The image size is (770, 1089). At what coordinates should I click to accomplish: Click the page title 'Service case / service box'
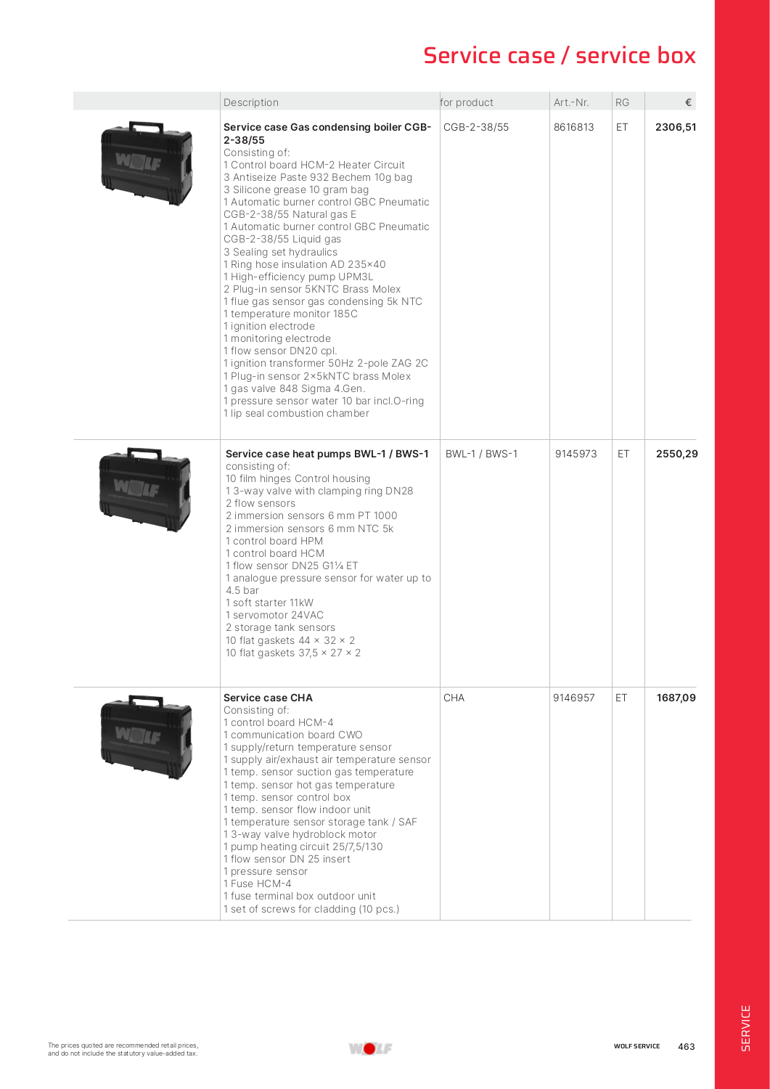tap(559, 56)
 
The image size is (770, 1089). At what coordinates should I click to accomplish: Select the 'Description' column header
tap(251, 102)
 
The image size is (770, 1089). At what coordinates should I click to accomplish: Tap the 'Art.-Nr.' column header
tap(571, 102)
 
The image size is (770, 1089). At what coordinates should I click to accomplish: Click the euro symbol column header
tap(687, 102)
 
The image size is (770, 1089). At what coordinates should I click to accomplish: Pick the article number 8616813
tap(573, 127)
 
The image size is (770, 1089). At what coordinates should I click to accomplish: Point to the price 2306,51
tap(676, 127)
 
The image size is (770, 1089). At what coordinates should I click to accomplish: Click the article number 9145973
tap(576, 454)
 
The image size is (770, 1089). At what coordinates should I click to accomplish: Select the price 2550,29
tap(676, 454)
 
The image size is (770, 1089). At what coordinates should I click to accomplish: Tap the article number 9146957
tap(573, 698)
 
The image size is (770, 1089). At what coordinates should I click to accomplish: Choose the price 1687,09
tap(676, 698)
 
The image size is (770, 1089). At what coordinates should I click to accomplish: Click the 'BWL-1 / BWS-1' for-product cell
tap(481, 454)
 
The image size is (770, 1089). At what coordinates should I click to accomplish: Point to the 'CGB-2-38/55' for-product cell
tap(476, 127)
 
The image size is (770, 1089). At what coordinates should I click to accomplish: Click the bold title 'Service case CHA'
tap(268, 698)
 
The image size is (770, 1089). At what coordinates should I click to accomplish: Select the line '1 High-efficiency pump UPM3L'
tap(298, 277)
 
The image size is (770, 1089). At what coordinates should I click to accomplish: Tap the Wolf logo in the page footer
tap(370, 1048)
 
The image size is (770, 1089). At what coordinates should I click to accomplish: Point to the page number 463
tap(686, 1046)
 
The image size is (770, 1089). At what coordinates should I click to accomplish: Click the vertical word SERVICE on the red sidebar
tap(745, 1027)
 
